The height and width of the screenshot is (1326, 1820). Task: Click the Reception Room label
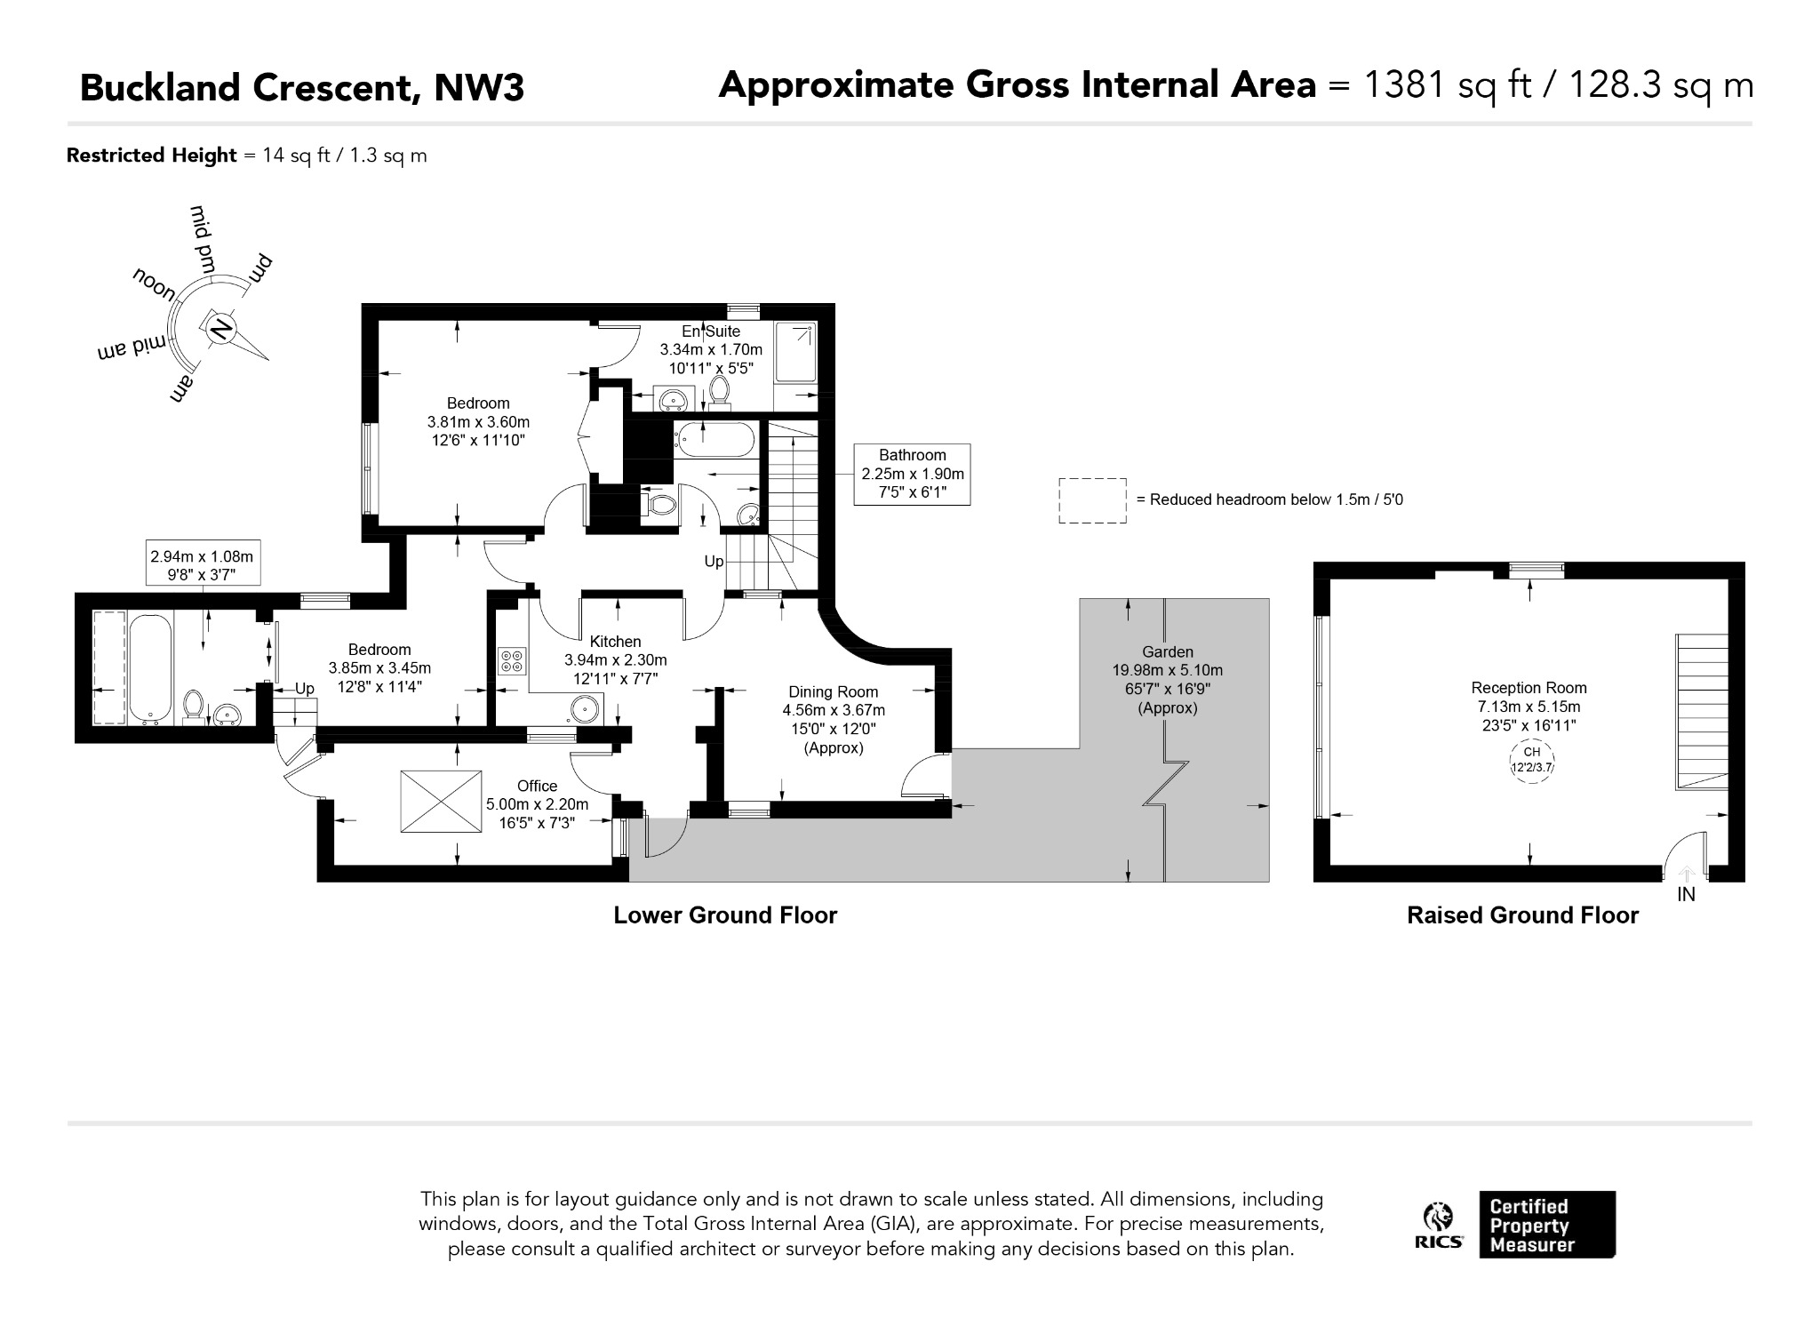point(1529,688)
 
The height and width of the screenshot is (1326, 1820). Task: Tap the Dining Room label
point(834,692)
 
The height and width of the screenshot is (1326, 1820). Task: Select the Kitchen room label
point(615,642)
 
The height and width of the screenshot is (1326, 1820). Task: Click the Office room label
point(537,786)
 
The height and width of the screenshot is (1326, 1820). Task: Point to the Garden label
point(1168,651)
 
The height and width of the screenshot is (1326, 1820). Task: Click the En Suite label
point(711,331)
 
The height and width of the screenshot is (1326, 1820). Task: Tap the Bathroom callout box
point(912,475)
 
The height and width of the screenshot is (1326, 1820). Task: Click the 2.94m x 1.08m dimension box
point(203,564)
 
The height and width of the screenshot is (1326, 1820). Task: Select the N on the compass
point(220,330)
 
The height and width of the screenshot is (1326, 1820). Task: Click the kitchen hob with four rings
point(512,660)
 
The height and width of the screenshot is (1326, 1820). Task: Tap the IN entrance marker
point(1686,895)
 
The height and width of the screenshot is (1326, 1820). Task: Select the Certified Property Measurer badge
point(1547,1225)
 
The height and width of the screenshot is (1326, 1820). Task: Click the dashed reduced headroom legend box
point(1092,500)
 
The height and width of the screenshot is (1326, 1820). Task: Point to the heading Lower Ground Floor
point(725,915)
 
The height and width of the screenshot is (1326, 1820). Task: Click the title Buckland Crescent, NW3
point(302,88)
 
